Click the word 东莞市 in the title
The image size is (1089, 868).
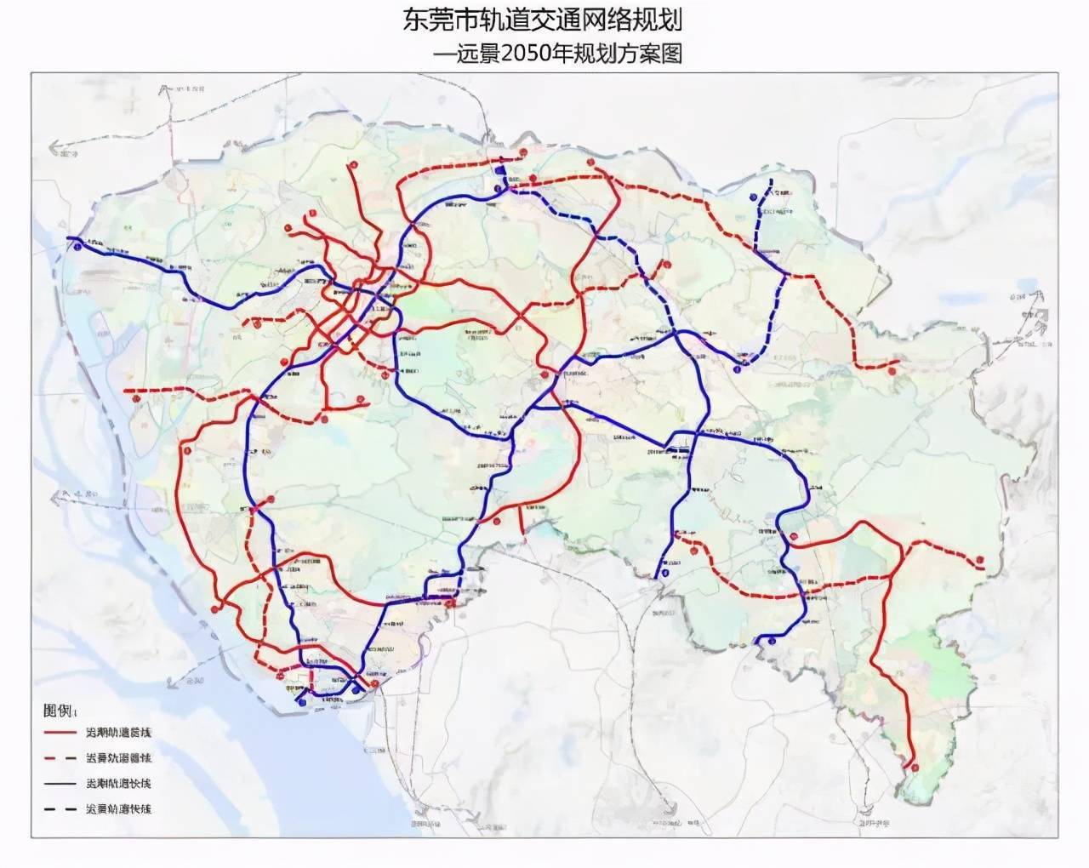[435, 20]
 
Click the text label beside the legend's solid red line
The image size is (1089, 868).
[117, 732]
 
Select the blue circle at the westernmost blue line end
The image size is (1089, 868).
[77, 247]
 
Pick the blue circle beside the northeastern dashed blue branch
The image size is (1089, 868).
[754, 197]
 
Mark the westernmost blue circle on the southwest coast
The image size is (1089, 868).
[301, 703]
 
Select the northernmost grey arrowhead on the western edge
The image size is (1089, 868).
[60, 154]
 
